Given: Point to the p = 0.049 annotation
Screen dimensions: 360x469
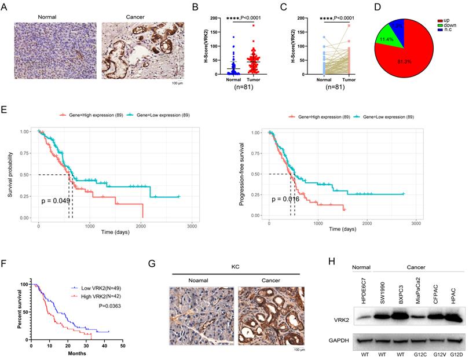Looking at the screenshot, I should (x=55, y=201).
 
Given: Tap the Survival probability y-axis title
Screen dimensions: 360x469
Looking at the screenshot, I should (x=9, y=173).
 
